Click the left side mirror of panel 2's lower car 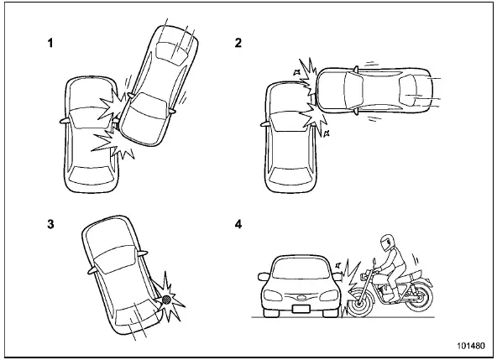pos(269,119)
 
